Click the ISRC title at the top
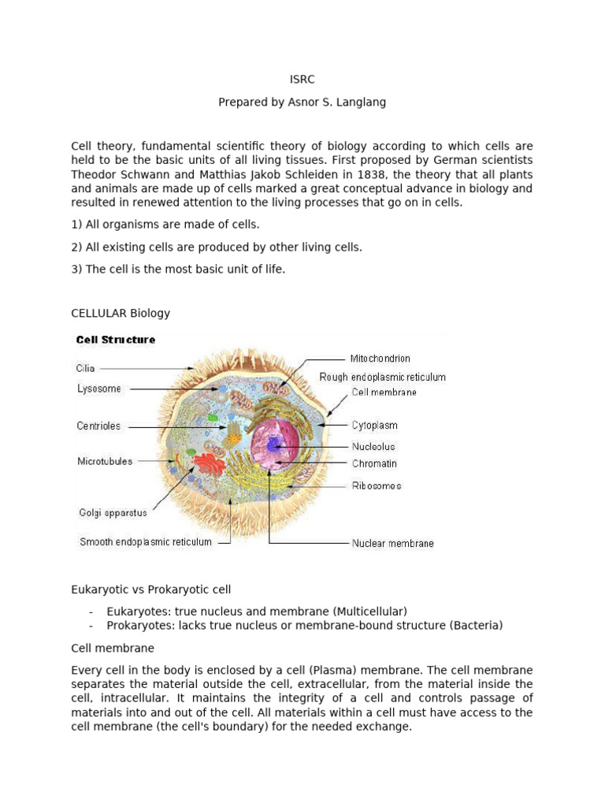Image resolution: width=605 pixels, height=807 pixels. [x=302, y=79]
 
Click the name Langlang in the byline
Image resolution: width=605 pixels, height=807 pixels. [x=359, y=102]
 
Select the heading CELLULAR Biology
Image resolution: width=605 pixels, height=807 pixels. [x=121, y=313]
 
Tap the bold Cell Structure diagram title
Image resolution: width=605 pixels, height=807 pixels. [x=115, y=340]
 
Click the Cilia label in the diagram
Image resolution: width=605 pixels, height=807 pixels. [x=86, y=367]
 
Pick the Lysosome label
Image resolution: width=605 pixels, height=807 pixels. [x=99, y=389]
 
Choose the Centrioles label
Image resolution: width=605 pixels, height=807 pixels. [x=98, y=426]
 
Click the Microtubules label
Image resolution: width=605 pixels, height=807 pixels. [x=105, y=461]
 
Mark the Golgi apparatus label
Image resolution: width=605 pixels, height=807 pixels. [x=112, y=512]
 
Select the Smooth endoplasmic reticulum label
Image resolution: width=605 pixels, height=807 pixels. [x=146, y=542]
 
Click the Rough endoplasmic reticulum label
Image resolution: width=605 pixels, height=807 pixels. [x=382, y=377]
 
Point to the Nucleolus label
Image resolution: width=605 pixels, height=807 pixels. [x=373, y=446]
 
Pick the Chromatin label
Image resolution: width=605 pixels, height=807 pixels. [x=374, y=463]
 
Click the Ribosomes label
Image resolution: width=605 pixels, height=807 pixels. [x=376, y=485]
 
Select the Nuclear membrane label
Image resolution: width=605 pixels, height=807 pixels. [x=392, y=543]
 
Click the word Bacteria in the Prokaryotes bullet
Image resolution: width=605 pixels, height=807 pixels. [x=476, y=626]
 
